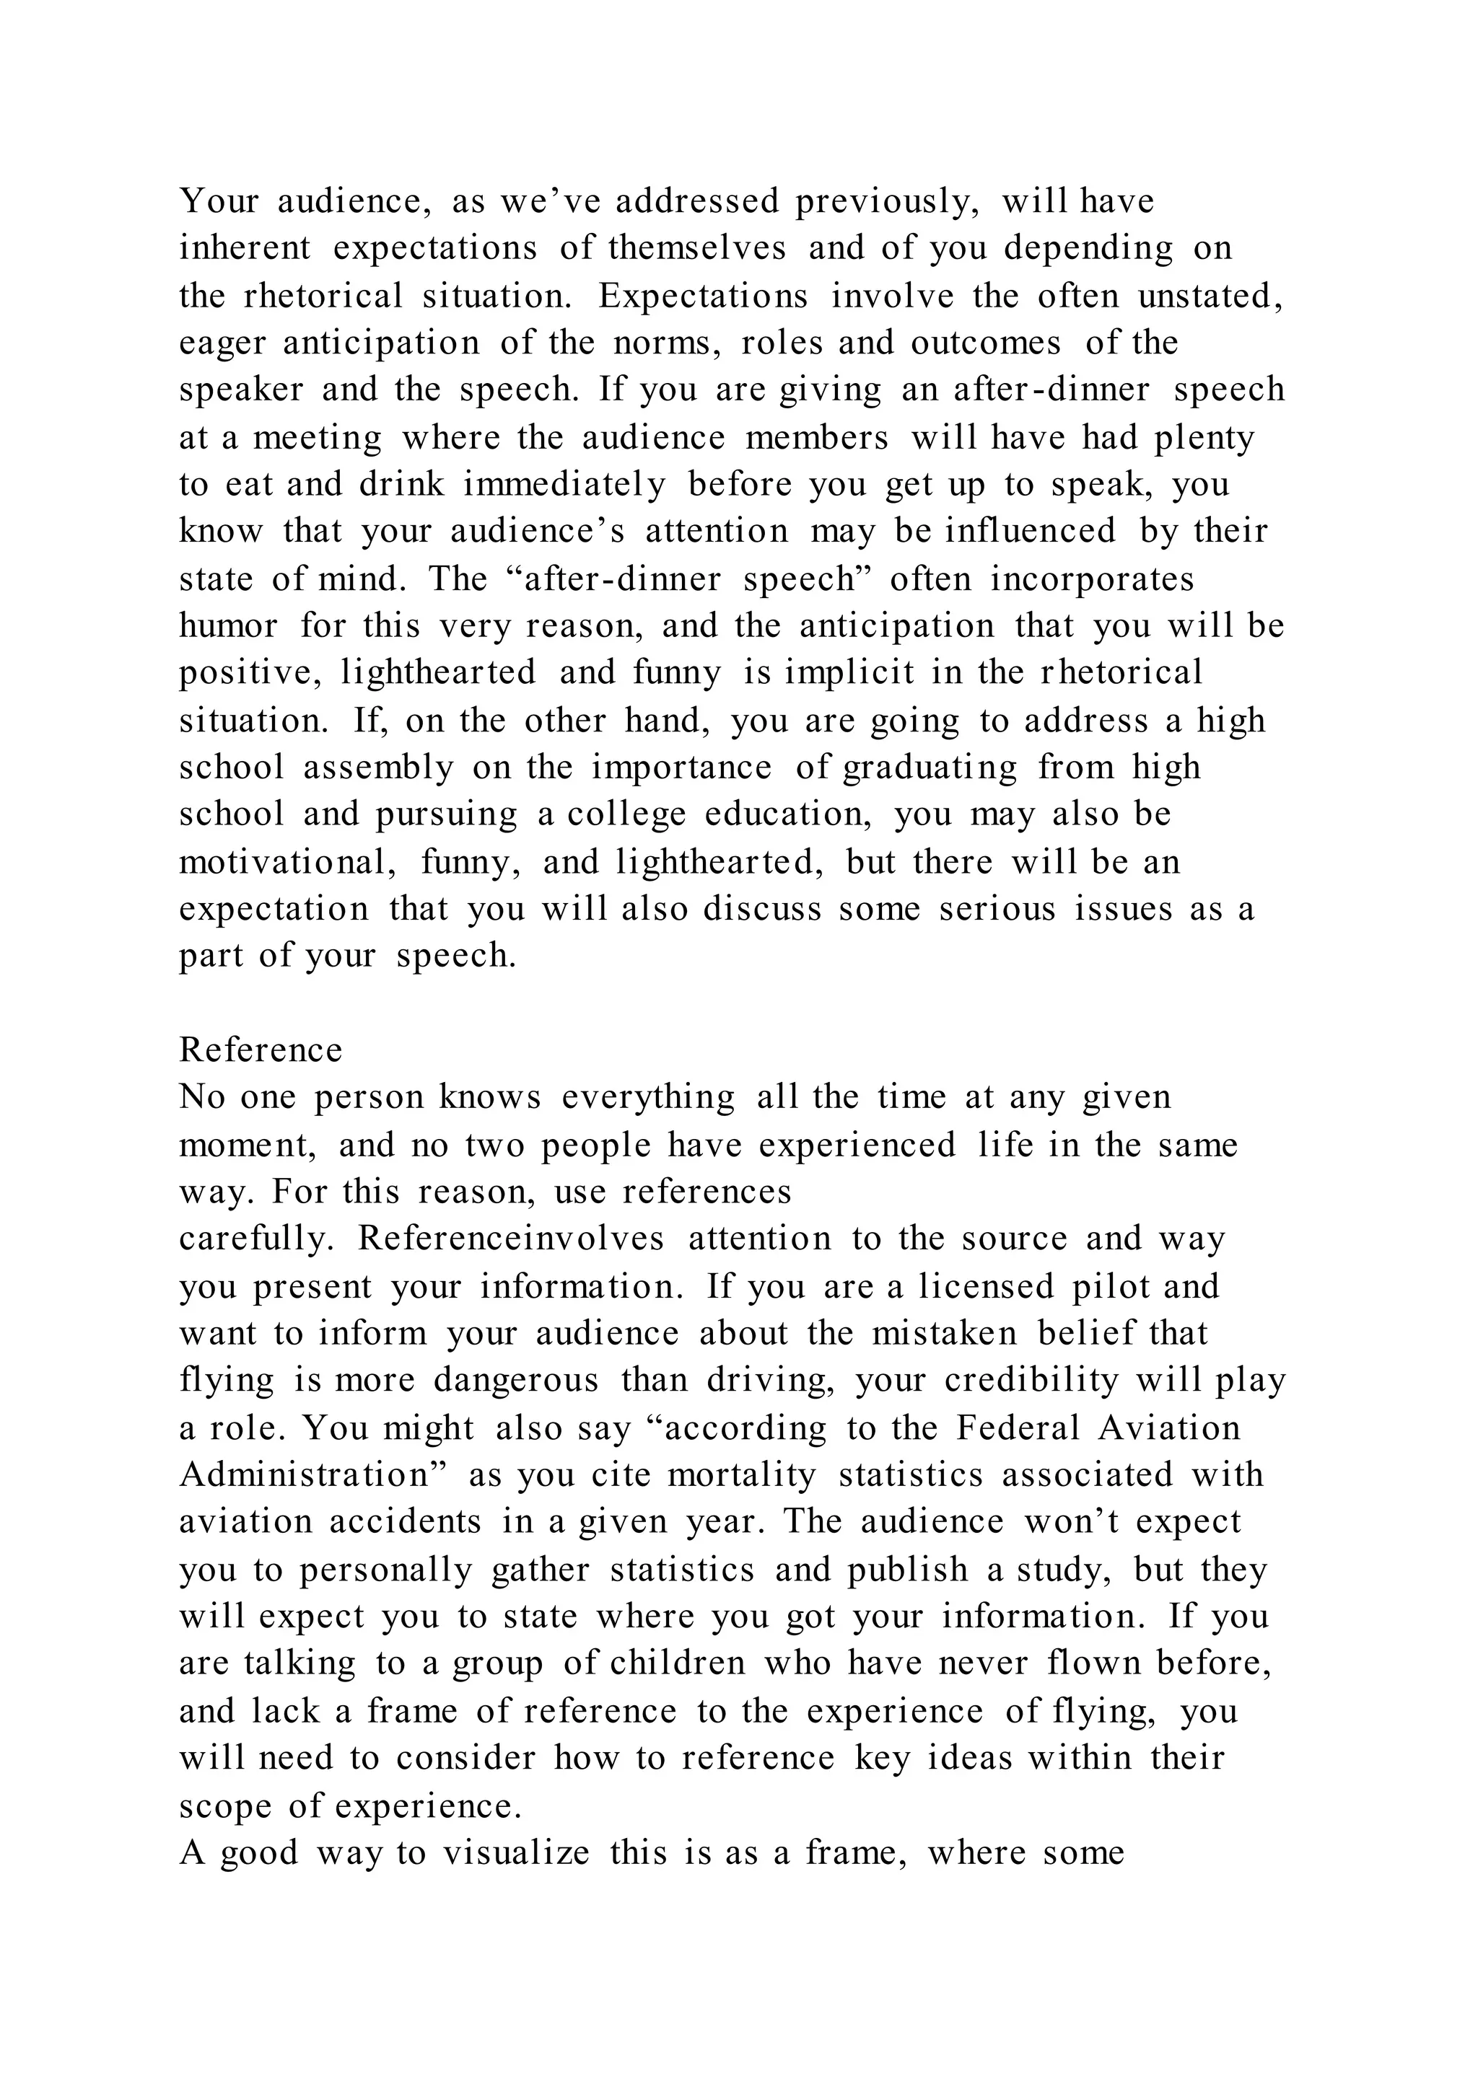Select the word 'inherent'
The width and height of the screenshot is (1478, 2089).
click(245, 248)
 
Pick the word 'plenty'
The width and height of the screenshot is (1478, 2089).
click(1204, 439)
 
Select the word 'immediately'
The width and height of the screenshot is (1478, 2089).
click(564, 485)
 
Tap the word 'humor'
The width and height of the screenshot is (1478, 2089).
click(227, 626)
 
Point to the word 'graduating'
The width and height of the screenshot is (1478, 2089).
click(930, 769)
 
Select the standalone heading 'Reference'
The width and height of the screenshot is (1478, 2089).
click(261, 1050)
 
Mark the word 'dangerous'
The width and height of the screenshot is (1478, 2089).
click(516, 1380)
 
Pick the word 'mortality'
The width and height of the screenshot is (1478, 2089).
click(742, 1475)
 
